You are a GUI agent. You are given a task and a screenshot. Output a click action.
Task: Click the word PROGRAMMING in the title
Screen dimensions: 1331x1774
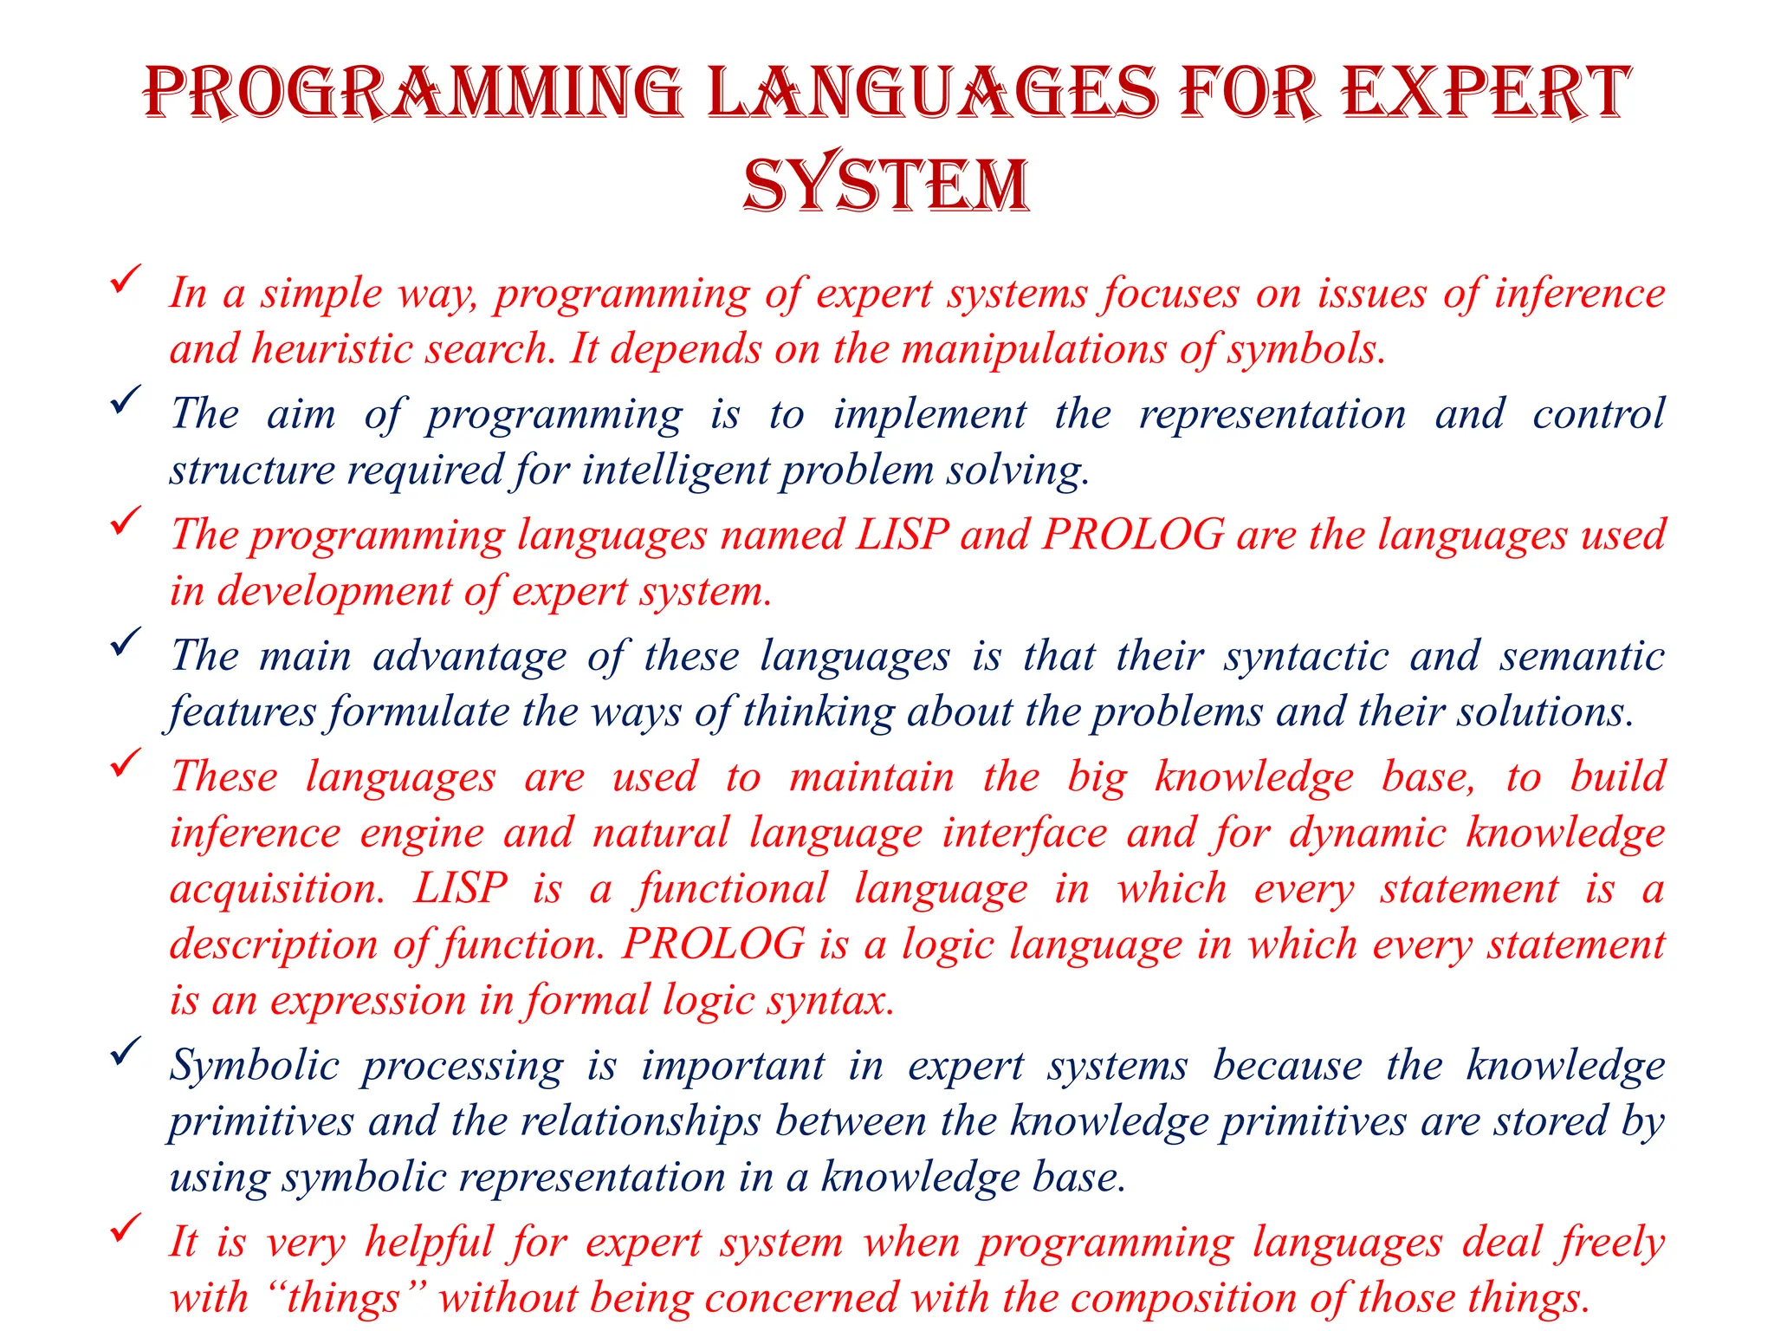click(x=413, y=93)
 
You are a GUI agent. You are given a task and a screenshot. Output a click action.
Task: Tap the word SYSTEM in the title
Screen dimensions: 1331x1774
click(x=886, y=185)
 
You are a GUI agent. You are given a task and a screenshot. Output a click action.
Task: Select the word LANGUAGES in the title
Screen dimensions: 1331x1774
click(x=932, y=93)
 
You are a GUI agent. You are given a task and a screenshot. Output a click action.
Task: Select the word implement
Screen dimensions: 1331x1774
click(x=929, y=414)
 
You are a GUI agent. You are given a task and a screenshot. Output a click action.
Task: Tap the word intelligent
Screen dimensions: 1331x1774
click(x=676, y=471)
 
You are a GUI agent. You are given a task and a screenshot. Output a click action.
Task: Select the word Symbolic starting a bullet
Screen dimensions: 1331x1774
click(x=254, y=1066)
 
